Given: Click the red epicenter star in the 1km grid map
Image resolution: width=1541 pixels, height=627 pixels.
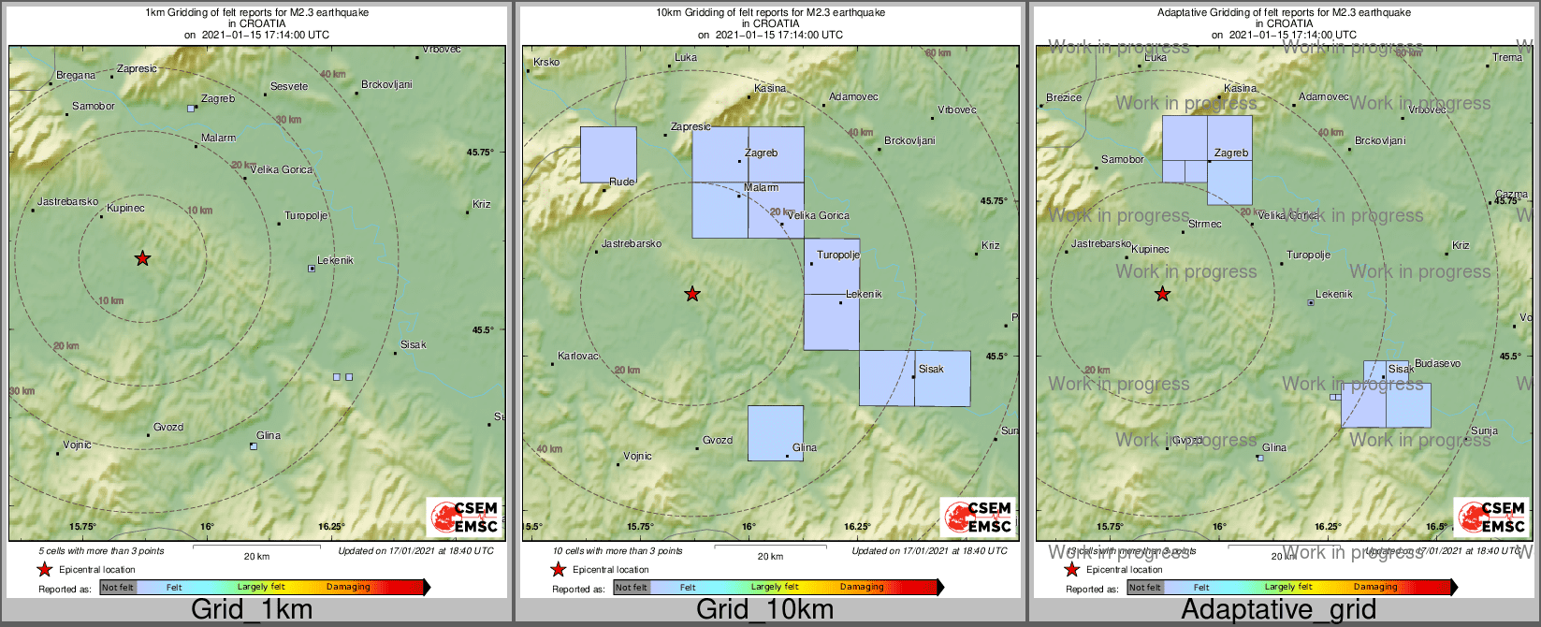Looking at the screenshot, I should click(x=142, y=258).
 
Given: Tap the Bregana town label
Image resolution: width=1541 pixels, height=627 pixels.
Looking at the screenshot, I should click(x=76, y=76).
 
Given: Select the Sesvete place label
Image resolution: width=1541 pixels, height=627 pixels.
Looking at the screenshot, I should click(x=289, y=87).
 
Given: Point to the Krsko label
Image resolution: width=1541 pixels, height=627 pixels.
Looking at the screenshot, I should click(x=545, y=63).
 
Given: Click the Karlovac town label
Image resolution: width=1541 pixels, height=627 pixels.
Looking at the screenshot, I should click(x=577, y=357).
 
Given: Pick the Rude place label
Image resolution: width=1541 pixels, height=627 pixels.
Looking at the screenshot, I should click(x=621, y=182).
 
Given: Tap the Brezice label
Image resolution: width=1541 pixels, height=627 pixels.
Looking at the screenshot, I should click(x=1064, y=97).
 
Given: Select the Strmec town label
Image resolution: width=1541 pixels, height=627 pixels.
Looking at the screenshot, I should click(x=1205, y=225).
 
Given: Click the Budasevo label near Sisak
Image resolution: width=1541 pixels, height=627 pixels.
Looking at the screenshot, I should click(x=1437, y=363).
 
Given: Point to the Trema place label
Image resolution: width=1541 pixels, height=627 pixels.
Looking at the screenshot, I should click(x=1507, y=57).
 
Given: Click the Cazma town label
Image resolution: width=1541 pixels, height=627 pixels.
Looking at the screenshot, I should click(x=1511, y=195).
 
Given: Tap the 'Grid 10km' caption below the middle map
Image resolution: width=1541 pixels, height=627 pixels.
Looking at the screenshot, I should click(x=764, y=610).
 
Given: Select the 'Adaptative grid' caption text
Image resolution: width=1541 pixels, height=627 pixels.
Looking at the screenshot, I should click(x=1278, y=610).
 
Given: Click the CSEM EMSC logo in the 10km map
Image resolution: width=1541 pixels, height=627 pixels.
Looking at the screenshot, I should click(x=978, y=517).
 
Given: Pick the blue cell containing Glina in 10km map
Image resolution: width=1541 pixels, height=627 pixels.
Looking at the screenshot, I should click(x=776, y=432).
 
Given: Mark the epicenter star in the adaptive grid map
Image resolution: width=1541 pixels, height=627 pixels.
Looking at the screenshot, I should click(x=1162, y=295).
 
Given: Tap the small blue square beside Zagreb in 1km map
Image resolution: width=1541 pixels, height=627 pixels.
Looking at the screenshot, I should click(x=191, y=109).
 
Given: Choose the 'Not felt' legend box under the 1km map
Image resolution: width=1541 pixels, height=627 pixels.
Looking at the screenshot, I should click(x=118, y=588).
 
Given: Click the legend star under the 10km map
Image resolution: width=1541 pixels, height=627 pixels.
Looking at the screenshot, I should click(x=559, y=570).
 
